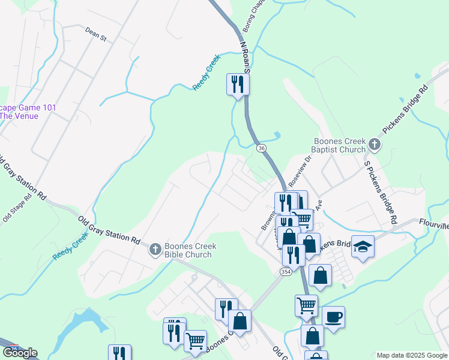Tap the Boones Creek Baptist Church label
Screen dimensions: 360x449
coord(339,145)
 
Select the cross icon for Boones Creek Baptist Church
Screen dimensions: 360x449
coord(375,144)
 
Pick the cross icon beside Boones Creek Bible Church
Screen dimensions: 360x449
coord(155,248)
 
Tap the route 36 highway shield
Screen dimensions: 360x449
coord(261,148)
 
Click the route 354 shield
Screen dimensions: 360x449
coord(285,272)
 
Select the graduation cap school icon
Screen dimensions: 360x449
coord(363,246)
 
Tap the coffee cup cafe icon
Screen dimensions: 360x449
coord(333,317)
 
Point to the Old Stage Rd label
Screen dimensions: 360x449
coord(17,208)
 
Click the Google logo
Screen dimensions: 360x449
coord(19,353)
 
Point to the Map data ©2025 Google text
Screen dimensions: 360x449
coord(411,355)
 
